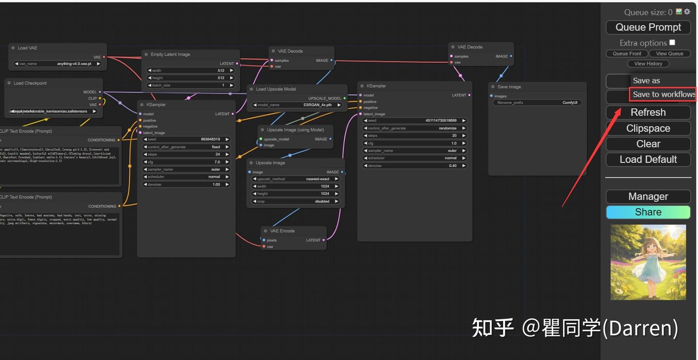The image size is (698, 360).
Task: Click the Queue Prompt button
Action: click(648, 28)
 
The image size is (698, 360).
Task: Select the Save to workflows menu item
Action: click(663, 94)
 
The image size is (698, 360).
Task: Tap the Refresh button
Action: click(648, 112)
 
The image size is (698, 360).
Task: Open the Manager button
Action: click(648, 196)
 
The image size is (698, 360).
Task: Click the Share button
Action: click(648, 212)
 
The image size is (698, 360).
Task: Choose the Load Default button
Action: click(648, 159)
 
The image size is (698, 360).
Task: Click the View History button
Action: click(648, 63)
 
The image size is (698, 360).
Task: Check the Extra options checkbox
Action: click(672, 43)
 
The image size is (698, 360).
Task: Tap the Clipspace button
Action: click(648, 128)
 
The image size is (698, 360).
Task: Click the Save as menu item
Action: click(647, 80)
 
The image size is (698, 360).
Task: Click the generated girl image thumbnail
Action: click(648, 262)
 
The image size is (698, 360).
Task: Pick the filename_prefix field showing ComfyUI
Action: click(537, 103)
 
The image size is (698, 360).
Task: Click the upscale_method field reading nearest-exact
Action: click(295, 179)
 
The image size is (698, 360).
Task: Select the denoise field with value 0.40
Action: click(415, 166)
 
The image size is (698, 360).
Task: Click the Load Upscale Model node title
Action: click(276, 89)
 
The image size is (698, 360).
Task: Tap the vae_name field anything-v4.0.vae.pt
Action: click(57, 63)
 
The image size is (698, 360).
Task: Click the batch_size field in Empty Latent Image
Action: click(190, 85)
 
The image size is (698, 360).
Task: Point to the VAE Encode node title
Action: click(282, 231)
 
